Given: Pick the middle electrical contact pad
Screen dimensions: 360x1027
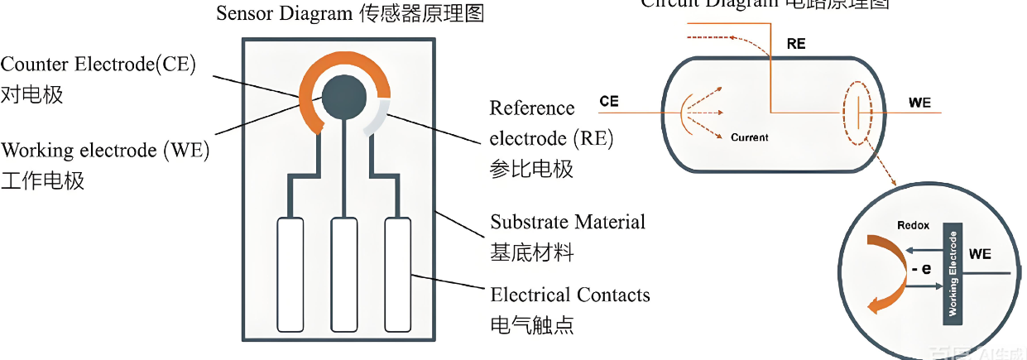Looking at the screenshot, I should click(344, 273).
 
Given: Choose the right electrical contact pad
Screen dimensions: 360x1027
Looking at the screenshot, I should click(397, 273).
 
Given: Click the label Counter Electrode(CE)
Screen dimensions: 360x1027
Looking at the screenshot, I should click(98, 65).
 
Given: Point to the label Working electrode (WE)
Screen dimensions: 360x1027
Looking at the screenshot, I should click(105, 151).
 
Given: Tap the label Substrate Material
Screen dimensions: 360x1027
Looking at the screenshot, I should click(567, 222).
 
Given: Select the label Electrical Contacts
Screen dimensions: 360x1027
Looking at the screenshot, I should click(569, 295).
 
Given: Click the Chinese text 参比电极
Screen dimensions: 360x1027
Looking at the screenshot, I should click(531, 169).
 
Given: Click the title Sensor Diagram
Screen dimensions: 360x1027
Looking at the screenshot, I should click(284, 13).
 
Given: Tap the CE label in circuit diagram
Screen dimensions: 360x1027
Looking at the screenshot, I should click(608, 102).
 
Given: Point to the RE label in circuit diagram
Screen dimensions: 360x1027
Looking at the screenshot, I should click(795, 44).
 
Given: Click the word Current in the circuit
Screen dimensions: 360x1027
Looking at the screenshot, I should click(750, 137).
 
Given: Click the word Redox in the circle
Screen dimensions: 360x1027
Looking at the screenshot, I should click(913, 225).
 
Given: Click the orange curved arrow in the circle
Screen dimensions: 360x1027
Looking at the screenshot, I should click(883, 273).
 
